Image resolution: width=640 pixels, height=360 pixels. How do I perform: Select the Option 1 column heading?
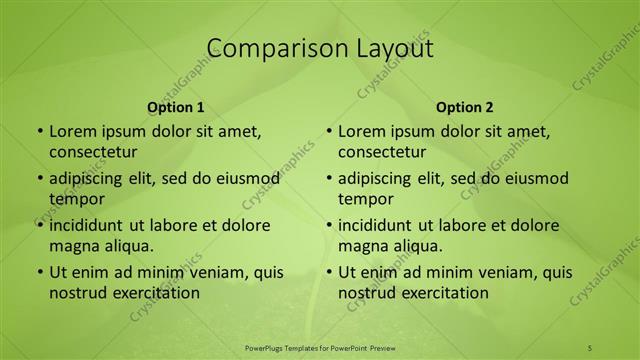coord(176,107)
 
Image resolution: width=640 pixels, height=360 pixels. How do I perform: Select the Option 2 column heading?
coord(465,107)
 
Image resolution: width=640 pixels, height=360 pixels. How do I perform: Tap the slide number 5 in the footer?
coord(589,347)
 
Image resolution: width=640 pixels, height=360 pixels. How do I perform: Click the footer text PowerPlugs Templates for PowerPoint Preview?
coord(320,347)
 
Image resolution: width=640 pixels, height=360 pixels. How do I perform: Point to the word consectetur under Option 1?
coord(93,152)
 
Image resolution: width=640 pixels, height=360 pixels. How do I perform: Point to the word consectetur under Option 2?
coord(382,152)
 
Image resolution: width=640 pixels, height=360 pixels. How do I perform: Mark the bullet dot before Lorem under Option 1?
coord(39,132)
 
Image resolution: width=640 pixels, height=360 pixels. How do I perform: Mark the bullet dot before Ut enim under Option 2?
coord(328,273)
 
